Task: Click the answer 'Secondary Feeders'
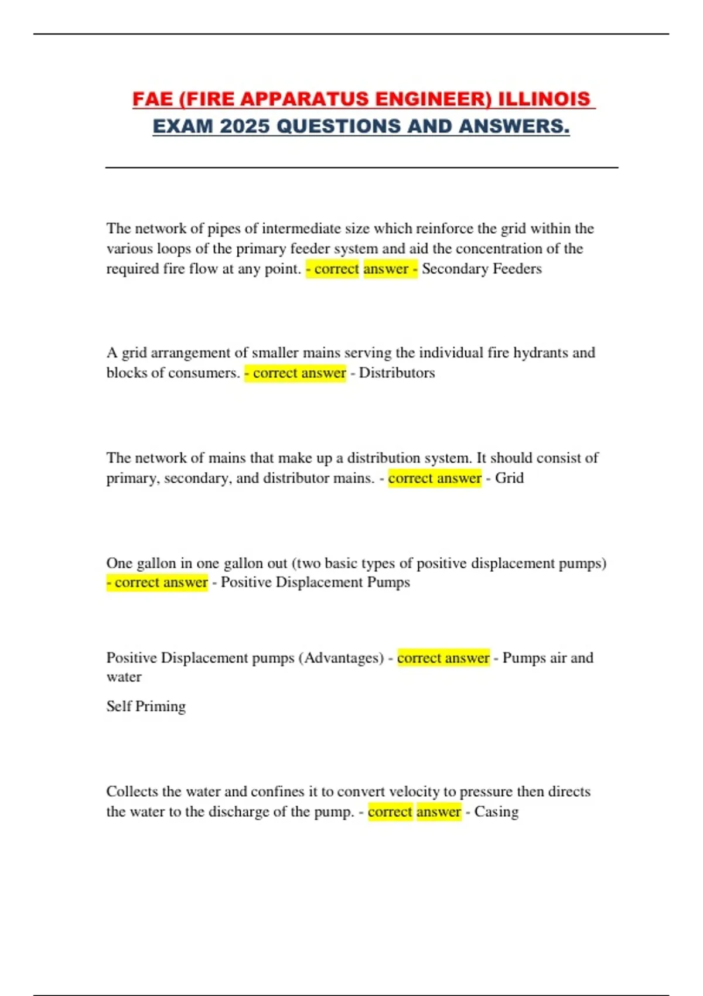pos(482,269)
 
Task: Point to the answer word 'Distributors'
pos(397,373)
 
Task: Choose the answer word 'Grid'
pos(509,478)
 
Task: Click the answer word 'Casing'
pos(496,812)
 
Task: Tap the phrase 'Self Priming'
pos(146,706)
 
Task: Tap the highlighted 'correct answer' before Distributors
pos(296,373)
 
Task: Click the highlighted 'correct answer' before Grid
pos(435,478)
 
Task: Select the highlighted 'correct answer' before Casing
pos(414,812)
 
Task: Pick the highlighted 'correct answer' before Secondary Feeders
pos(361,269)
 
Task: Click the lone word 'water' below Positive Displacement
pos(124,677)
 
